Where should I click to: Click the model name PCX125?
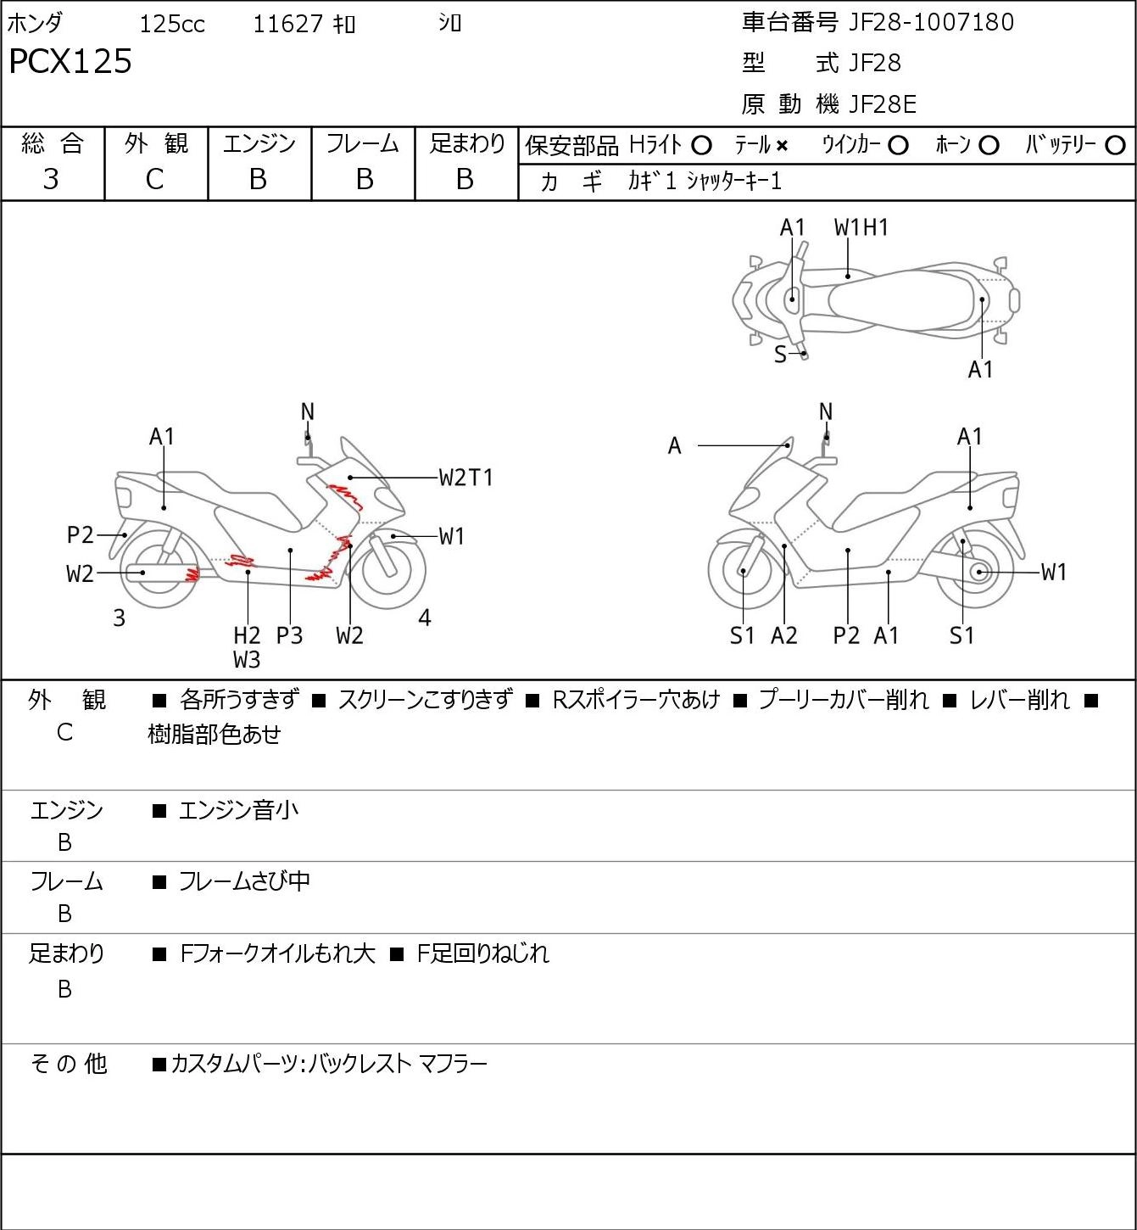(70, 61)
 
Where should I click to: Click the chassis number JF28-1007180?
(931, 22)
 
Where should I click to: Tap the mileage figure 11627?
(287, 24)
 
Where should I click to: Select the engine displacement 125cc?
(172, 24)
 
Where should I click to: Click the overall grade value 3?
(51, 179)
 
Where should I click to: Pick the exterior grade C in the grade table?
(154, 180)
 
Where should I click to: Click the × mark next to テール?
(782, 146)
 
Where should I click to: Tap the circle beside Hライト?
(701, 146)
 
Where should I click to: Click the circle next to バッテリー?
(1115, 146)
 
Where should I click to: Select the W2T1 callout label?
(465, 478)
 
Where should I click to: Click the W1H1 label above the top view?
(861, 228)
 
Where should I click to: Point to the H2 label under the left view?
(247, 635)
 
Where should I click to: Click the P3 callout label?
(289, 635)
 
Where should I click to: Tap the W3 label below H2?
(247, 660)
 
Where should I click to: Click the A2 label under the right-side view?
(784, 635)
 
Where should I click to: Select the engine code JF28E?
(883, 104)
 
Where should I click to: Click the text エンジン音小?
(238, 810)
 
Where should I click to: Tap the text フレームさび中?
(244, 881)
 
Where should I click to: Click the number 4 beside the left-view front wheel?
(424, 618)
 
